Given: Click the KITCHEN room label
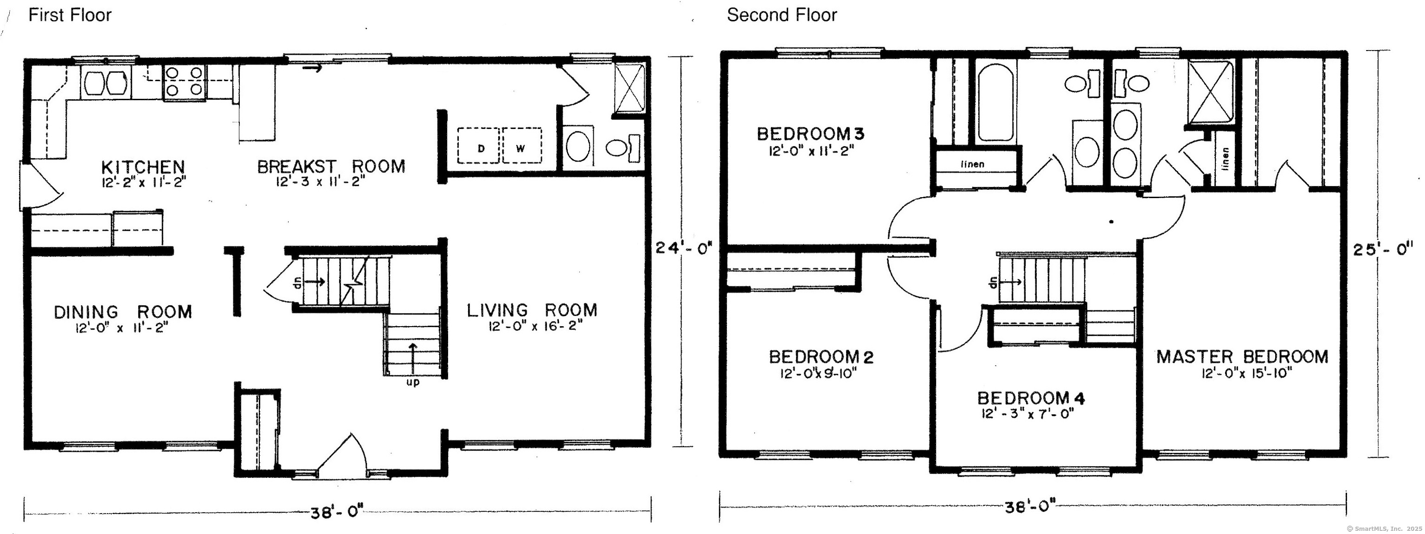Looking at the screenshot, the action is click(x=143, y=167).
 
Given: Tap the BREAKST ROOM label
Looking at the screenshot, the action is click(x=331, y=166).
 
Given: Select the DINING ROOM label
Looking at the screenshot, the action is click(x=123, y=312).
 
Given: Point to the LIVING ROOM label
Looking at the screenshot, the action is click(x=532, y=310).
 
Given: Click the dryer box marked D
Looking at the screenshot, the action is click(x=479, y=145).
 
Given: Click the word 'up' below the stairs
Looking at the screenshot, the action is click(x=413, y=382).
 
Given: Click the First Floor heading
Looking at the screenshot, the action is click(x=70, y=15).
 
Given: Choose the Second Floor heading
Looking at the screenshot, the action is click(x=782, y=15).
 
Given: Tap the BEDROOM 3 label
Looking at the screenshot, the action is click(x=810, y=133).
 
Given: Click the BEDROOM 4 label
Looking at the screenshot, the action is click(x=1031, y=398).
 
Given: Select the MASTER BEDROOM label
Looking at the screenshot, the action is click(x=1242, y=356).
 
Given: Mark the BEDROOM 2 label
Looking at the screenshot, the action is click(x=822, y=357).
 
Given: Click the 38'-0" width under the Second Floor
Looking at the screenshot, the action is click(x=1030, y=506).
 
